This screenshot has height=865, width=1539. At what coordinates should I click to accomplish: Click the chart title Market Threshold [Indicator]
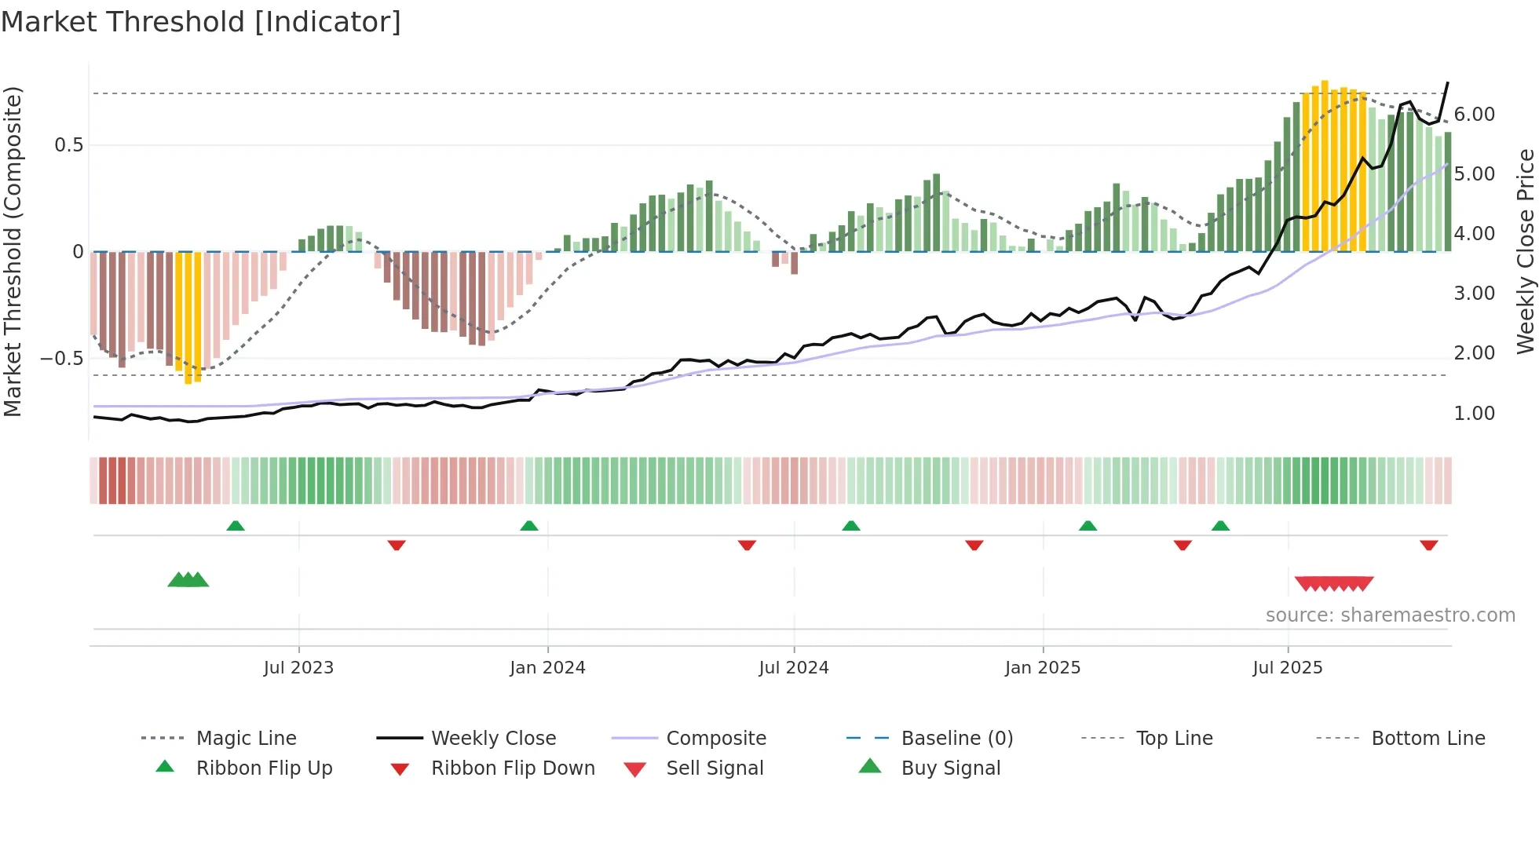(x=201, y=22)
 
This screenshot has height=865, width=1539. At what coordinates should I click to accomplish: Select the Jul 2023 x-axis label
(x=298, y=668)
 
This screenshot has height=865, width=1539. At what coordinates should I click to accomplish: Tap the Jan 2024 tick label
(x=547, y=668)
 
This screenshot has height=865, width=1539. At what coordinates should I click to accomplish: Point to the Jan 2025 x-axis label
(x=1043, y=668)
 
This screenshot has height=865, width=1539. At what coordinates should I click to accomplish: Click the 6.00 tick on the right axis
(x=1474, y=115)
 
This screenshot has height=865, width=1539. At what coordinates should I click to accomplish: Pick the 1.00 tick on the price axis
(x=1474, y=414)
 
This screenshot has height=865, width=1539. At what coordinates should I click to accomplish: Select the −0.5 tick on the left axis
(x=61, y=359)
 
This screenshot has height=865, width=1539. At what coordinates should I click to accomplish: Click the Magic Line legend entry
(x=246, y=739)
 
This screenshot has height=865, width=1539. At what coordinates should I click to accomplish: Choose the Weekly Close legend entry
(x=493, y=739)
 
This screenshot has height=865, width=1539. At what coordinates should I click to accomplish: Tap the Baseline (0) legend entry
(x=956, y=739)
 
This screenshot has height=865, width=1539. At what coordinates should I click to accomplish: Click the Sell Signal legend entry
(x=715, y=768)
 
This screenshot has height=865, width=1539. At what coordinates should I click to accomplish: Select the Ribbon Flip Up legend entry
(x=264, y=768)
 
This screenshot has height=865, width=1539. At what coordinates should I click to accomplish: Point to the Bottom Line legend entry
(x=1428, y=739)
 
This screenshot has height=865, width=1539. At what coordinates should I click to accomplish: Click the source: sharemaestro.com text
(x=1390, y=615)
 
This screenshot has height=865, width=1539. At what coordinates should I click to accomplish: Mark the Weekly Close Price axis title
(x=1525, y=251)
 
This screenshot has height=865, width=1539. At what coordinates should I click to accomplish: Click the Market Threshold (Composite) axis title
(x=13, y=251)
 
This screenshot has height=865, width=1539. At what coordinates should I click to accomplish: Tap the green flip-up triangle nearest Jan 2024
(x=529, y=526)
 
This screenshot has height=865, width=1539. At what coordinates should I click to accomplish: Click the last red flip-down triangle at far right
(x=1428, y=545)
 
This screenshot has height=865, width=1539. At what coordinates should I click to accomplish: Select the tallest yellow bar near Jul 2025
(x=1325, y=165)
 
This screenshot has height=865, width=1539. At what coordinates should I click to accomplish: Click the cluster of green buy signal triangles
(x=188, y=580)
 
